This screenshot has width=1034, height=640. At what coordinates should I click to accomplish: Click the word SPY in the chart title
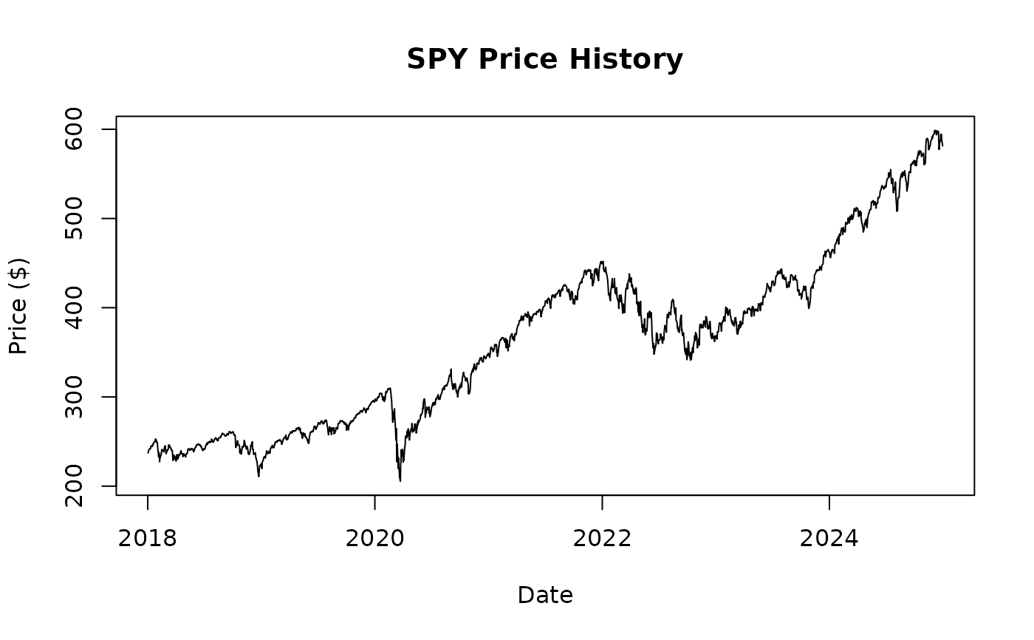438,59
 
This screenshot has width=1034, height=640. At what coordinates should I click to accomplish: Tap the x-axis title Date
545,595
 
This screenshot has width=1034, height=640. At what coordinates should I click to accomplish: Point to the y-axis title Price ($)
18,306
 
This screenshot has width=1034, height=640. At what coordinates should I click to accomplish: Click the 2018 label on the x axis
148,538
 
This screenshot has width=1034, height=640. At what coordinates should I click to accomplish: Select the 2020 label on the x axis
374,538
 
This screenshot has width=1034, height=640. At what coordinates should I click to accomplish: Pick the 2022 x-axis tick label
602,538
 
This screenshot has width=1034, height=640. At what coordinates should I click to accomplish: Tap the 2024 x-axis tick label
829,538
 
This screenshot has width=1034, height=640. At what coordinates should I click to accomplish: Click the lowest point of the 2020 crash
400,481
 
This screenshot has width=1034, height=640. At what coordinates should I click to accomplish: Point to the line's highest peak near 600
935,131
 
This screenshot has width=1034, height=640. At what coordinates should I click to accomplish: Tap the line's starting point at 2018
148,452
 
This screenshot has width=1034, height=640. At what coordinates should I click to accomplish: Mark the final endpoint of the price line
942,146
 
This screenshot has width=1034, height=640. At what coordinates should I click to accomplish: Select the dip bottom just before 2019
258,476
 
